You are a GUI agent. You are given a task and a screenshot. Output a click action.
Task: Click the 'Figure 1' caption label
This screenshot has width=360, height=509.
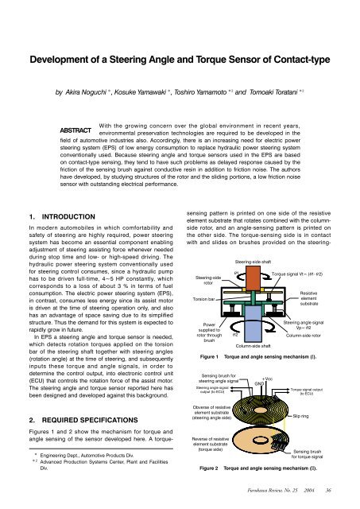(207, 358)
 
